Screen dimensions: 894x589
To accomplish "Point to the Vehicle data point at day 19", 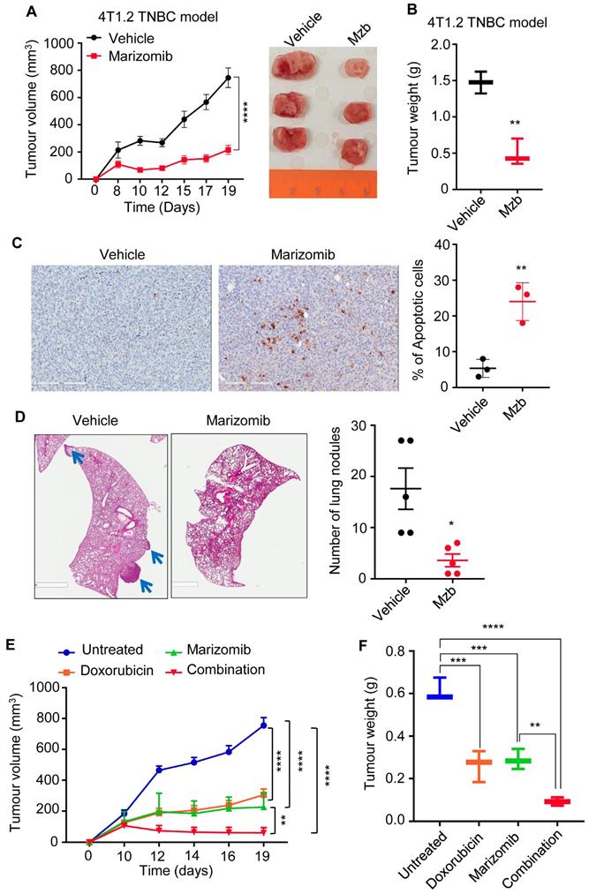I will pos(229,78).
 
